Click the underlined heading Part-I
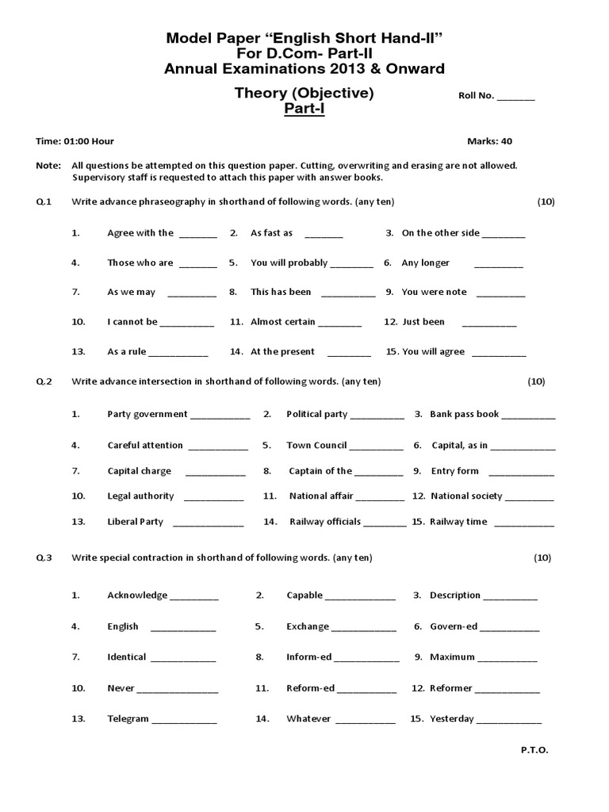[x=304, y=109]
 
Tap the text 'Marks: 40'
[x=489, y=141]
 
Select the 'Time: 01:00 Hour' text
[x=75, y=141]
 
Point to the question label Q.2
[x=44, y=381]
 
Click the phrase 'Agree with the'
[x=140, y=233]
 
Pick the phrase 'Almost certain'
[x=283, y=322]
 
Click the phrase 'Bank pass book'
[x=464, y=414]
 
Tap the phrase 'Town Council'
[x=316, y=445]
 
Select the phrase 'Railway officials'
[x=325, y=522]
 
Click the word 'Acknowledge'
[x=137, y=596]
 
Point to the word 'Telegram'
[x=128, y=718]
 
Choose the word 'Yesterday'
[x=451, y=718]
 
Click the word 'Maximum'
[x=452, y=657]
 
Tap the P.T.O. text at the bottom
[x=534, y=749]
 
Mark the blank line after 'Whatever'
[x=366, y=722]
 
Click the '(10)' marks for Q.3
[x=542, y=557]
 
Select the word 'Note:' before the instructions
[x=48, y=166]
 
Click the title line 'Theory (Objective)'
[x=304, y=93]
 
